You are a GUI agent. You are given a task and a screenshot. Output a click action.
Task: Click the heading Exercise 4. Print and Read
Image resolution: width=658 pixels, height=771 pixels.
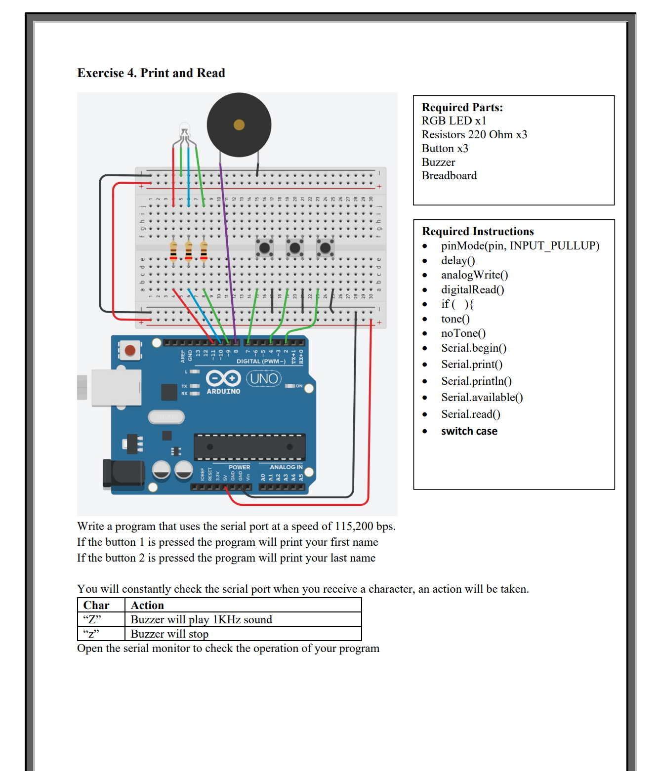point(151,73)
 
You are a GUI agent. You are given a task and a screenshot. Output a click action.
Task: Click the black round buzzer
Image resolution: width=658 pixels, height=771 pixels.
point(239,124)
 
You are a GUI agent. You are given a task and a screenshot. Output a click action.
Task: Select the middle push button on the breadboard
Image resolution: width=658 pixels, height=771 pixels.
point(295,247)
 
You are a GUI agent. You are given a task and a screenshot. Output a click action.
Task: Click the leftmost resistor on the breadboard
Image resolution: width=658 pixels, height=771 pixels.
point(173,251)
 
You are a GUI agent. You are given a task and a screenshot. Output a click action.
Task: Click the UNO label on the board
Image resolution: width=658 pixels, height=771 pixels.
point(264,379)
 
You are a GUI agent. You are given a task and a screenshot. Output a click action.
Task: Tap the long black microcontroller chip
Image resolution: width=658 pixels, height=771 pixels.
point(249,447)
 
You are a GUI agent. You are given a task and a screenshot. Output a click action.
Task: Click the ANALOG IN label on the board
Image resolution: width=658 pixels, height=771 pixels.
point(286,467)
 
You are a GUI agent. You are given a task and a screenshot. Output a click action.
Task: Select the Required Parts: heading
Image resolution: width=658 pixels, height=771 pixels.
point(462,107)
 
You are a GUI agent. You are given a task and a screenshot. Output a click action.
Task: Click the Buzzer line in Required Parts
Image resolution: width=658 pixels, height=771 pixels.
point(438,162)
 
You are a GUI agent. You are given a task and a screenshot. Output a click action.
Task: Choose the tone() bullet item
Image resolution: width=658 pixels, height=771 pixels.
point(455,319)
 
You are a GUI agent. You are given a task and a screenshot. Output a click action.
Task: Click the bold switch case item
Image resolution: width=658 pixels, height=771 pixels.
point(469,431)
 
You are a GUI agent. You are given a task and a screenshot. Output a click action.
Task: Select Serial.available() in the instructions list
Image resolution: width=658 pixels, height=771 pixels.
point(482,398)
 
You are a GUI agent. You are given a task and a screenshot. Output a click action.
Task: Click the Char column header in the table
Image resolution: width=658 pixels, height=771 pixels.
point(96,605)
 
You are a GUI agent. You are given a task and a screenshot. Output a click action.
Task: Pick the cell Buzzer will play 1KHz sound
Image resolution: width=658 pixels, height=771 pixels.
point(201,619)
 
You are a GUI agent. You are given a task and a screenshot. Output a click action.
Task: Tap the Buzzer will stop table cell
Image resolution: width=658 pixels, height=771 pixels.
point(169,634)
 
